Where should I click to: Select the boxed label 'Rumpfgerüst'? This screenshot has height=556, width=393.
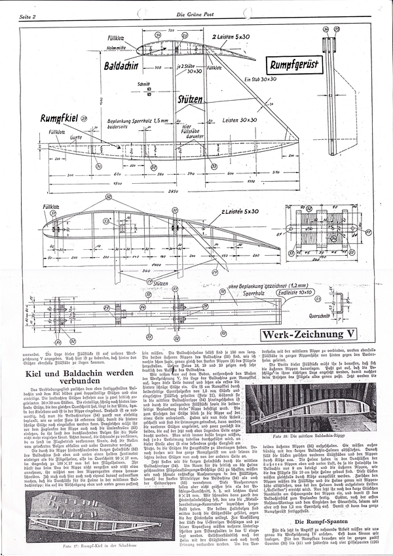[291, 66]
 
